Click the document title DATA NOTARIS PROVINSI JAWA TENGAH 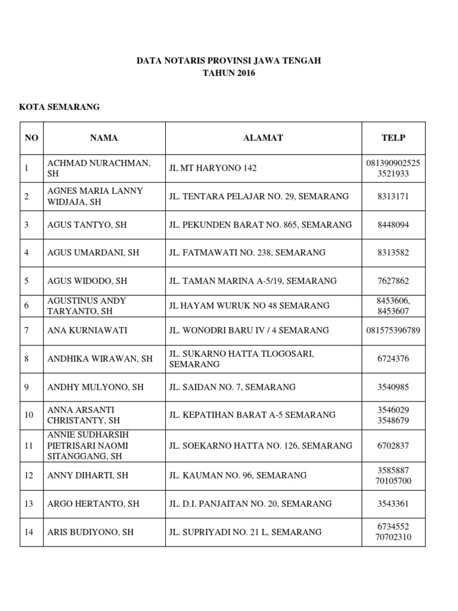229,61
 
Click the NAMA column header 104,138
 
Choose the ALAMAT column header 263,138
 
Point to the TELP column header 393,138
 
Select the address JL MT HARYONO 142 213,168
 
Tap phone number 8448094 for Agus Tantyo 393,225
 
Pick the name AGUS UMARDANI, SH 93,252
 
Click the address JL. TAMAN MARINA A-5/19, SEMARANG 253,280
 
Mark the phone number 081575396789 393,330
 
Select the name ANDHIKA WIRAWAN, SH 100,359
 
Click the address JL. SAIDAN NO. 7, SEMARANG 233,387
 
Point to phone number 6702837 393,446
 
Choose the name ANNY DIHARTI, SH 88,476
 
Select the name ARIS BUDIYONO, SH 91,532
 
